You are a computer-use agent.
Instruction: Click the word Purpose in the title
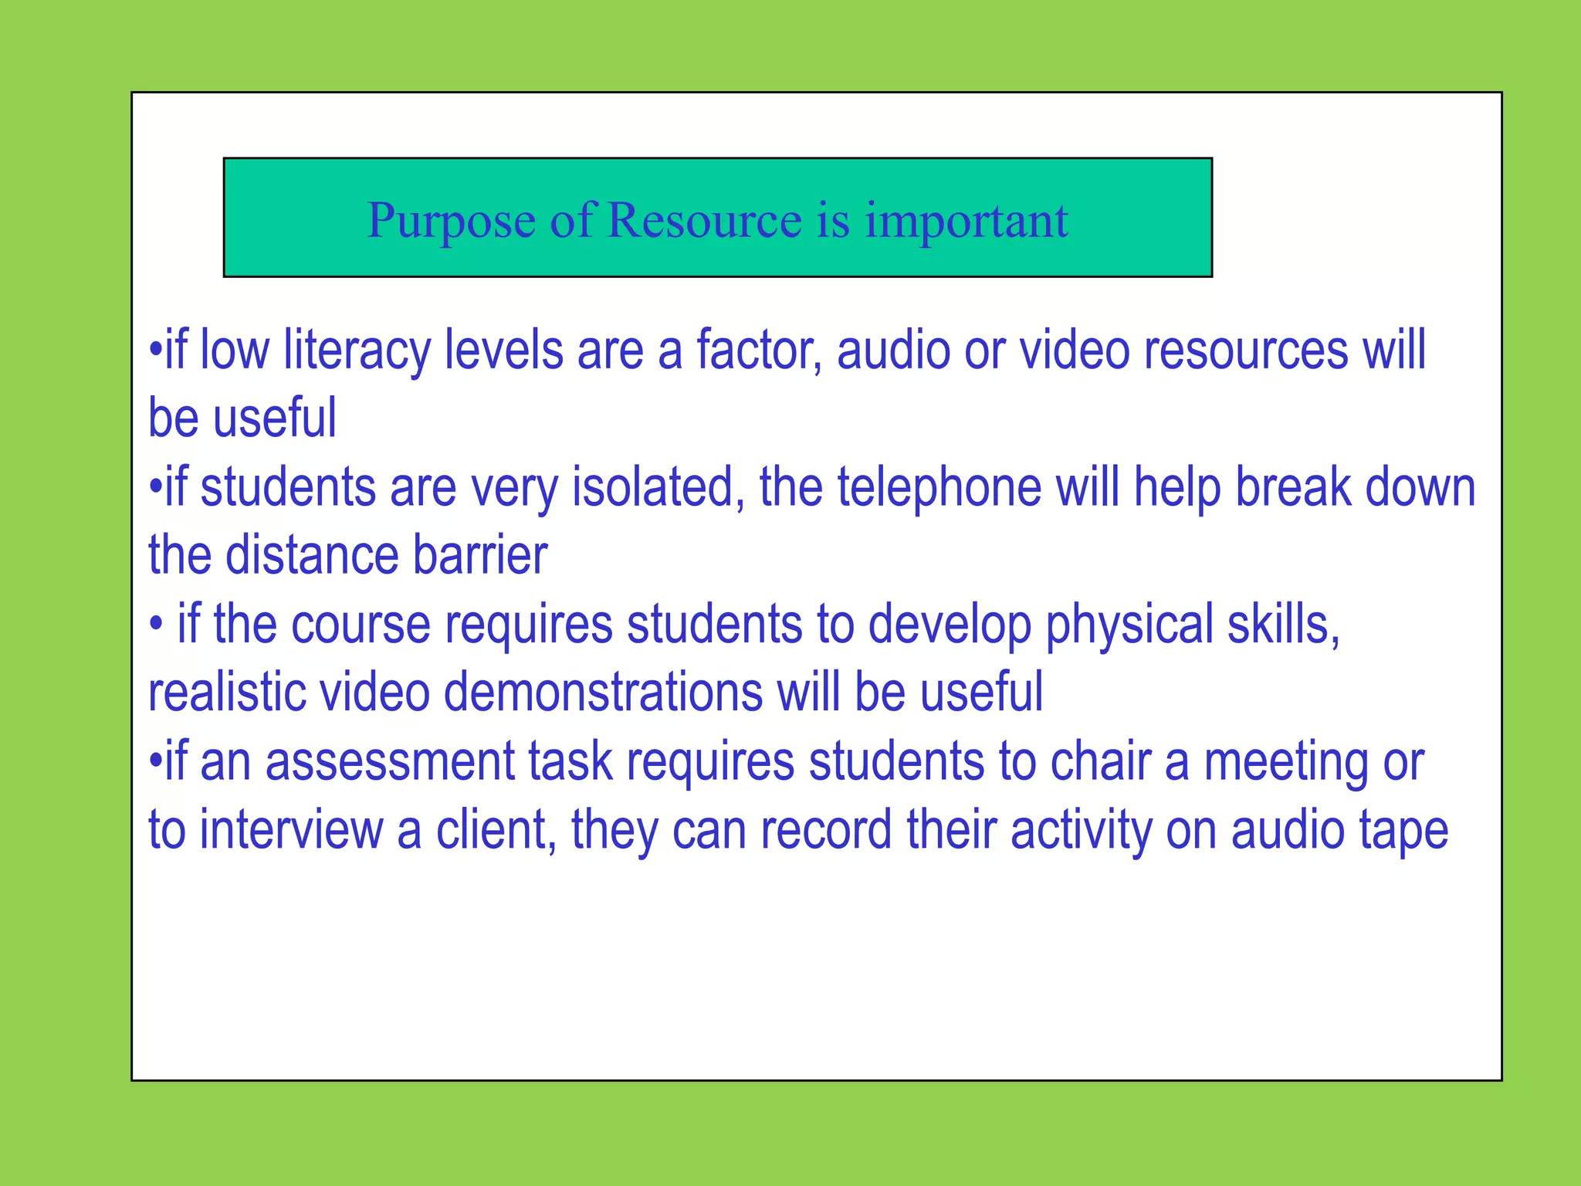click(x=451, y=222)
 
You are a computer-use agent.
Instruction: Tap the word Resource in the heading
click(x=705, y=220)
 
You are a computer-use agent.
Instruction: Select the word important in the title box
click(x=967, y=222)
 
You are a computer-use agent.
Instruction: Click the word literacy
click(x=357, y=351)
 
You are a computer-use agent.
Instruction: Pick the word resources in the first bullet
click(x=1246, y=351)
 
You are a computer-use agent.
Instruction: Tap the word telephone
click(x=939, y=488)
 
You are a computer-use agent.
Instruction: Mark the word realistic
click(x=227, y=692)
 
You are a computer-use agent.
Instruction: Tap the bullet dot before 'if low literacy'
click(x=155, y=350)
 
